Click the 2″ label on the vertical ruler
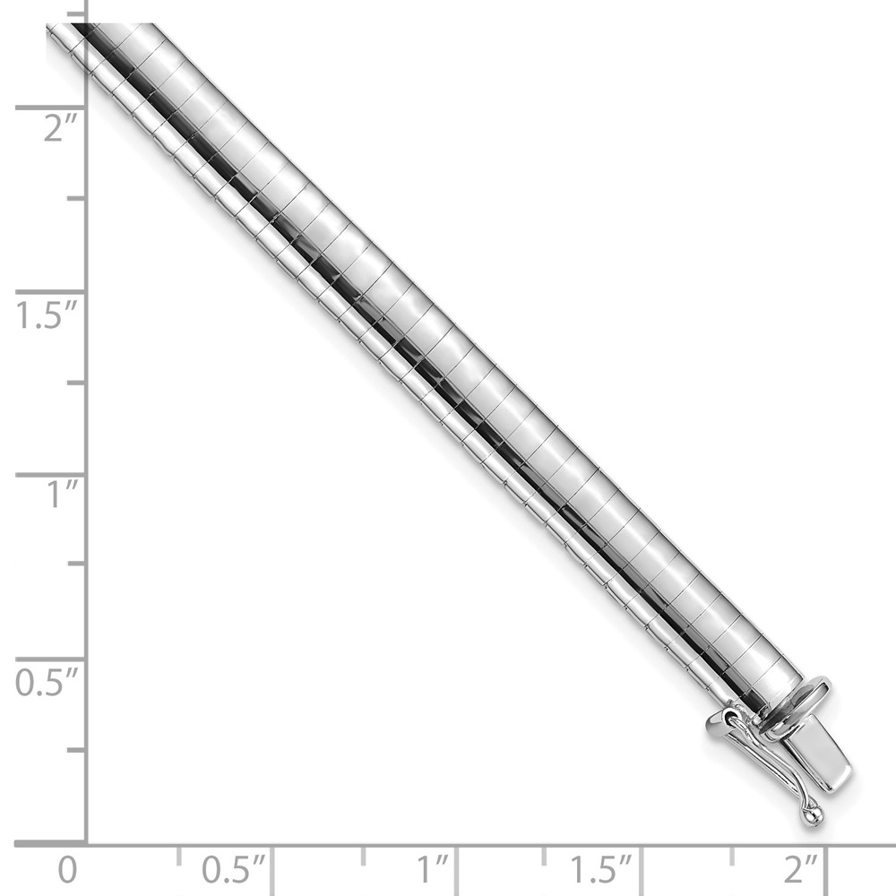click(x=60, y=128)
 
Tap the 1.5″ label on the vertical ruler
click(x=47, y=314)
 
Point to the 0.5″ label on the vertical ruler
click(x=47, y=682)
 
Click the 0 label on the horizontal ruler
click(x=67, y=870)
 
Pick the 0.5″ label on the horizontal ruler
click(x=234, y=870)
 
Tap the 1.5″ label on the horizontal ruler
click(x=602, y=870)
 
